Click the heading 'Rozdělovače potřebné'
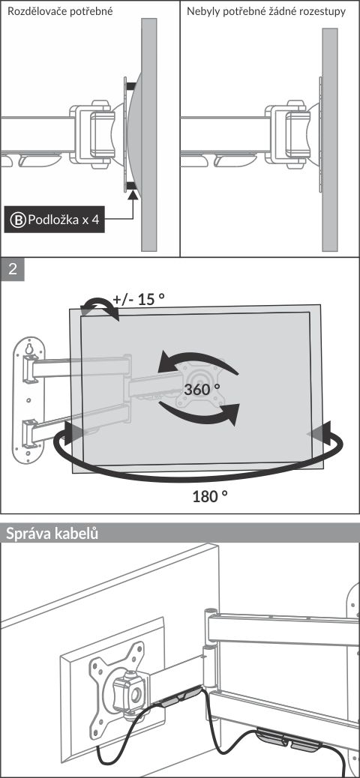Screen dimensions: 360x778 click(x=59, y=11)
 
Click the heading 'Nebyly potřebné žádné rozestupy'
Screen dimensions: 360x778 click(x=266, y=11)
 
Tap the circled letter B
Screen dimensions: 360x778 click(x=18, y=220)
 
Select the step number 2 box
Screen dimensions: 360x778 click(x=13, y=269)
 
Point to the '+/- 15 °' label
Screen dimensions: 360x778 click(x=139, y=300)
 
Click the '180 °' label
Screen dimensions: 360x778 click(x=210, y=495)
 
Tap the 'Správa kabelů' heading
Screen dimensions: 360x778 click(x=52, y=534)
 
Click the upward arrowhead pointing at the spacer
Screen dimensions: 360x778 click(x=133, y=196)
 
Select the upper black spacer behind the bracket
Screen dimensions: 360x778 click(x=130, y=86)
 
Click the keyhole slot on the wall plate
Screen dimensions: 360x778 click(x=29, y=349)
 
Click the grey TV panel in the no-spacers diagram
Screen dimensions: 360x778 click(x=330, y=139)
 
